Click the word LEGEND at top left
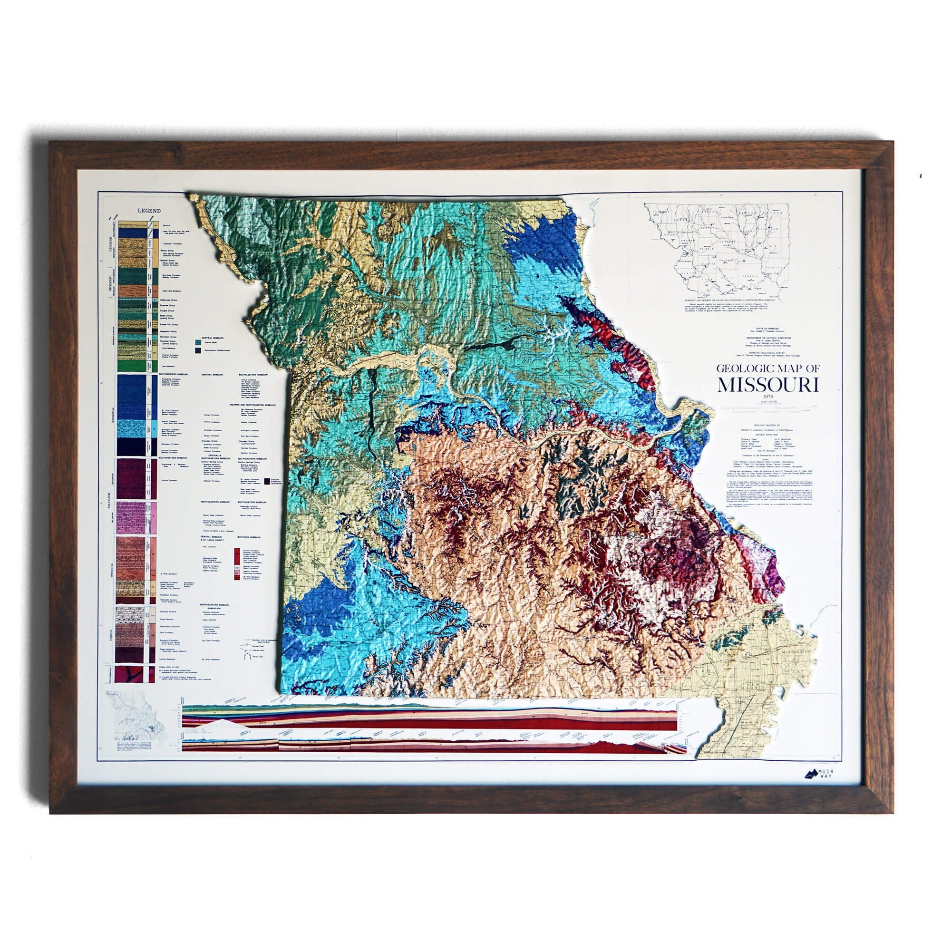(149, 211)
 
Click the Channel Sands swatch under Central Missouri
(198, 340)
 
